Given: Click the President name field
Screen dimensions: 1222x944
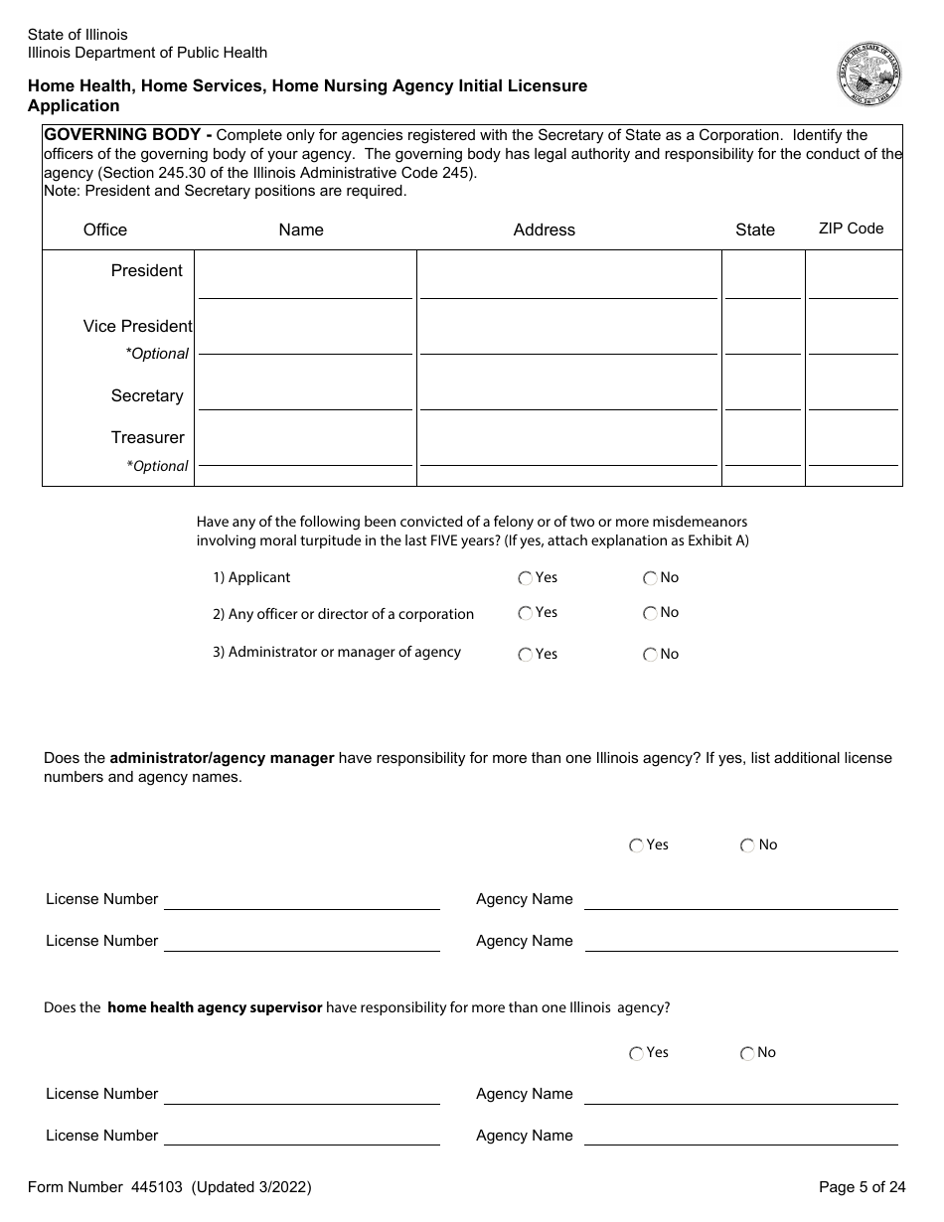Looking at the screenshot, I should click(305, 277).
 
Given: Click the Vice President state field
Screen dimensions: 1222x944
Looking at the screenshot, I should click(762, 334).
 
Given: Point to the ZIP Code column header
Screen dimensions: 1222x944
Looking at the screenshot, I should click(851, 229).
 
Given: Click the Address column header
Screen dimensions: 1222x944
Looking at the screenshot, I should click(544, 229).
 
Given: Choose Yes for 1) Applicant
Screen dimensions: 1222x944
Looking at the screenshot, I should click(526, 578).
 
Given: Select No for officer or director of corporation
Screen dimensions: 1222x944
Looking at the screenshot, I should click(650, 614).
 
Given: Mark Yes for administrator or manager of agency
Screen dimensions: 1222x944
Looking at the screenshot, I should click(526, 655).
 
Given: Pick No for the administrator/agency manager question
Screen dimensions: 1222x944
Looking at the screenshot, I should click(747, 845).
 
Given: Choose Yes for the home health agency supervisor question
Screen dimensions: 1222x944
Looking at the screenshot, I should click(636, 1053).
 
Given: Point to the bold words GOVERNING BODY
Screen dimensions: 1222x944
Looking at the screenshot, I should click(128, 134).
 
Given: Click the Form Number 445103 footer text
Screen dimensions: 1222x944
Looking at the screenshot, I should click(169, 1186).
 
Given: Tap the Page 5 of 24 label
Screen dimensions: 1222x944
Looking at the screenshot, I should click(862, 1186).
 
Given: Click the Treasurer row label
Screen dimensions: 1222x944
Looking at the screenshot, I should click(147, 437).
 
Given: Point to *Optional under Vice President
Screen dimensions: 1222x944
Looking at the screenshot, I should click(157, 354).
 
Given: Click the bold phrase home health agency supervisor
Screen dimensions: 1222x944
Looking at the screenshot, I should click(215, 1007).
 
